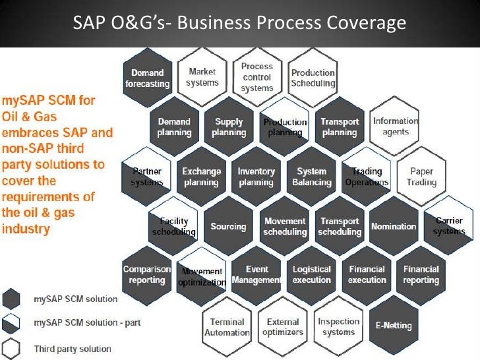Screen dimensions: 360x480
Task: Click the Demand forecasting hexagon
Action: tap(147, 78)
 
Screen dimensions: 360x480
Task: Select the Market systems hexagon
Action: tap(202, 77)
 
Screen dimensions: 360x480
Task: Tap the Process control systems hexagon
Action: tap(256, 77)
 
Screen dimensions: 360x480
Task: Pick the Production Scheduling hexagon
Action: tap(313, 78)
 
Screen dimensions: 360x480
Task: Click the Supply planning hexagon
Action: tap(229, 127)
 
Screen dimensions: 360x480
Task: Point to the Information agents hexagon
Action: tap(395, 126)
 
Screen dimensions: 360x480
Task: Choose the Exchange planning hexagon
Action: tap(201, 177)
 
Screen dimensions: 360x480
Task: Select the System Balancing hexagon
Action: tap(312, 177)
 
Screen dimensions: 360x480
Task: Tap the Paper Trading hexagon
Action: tap(421, 177)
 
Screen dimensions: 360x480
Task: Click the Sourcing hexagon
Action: tap(228, 226)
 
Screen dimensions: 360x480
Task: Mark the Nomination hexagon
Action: tap(394, 226)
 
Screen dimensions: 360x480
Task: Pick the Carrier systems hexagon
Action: tap(449, 226)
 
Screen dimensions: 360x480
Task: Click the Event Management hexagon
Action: tap(256, 275)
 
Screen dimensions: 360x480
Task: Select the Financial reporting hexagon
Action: tap(421, 275)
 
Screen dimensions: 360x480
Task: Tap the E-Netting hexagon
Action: tap(394, 325)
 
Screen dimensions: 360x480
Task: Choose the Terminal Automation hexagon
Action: tap(227, 327)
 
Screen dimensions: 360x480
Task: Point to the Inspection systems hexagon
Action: tap(339, 327)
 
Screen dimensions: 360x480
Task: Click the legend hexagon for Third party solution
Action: tap(12, 348)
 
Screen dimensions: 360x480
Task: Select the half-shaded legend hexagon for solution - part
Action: tap(12, 323)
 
